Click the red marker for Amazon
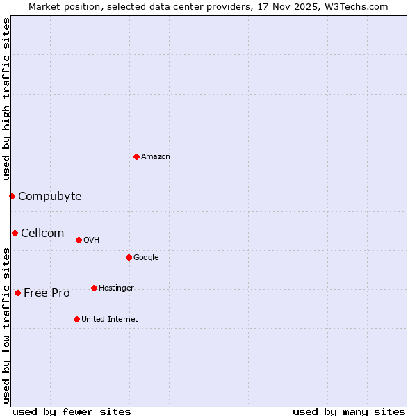click(x=136, y=156)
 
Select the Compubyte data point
click(x=12, y=196)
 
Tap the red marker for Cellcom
click(x=15, y=233)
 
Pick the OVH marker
click(x=79, y=240)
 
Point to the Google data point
click(x=129, y=257)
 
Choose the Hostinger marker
click(x=94, y=288)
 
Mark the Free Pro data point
click(x=17, y=293)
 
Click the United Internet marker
click(x=76, y=319)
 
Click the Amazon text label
click(x=156, y=157)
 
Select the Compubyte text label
click(x=50, y=197)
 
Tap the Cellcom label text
click(x=42, y=234)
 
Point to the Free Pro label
click(x=47, y=293)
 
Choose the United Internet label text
click(x=110, y=320)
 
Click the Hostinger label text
click(x=116, y=288)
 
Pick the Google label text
click(x=146, y=258)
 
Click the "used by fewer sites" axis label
click(x=72, y=411)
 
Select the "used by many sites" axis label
click(x=349, y=411)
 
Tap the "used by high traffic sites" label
click(x=6, y=99)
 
